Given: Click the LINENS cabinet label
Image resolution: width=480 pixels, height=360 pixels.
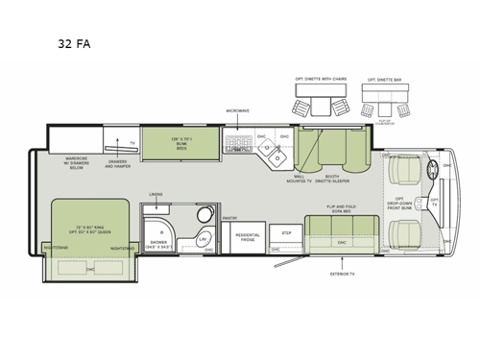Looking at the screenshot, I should coord(156,195).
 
